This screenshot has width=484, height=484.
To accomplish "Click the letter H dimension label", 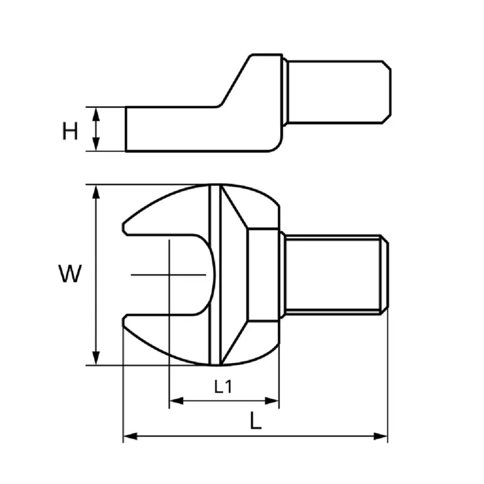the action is pos(70,131).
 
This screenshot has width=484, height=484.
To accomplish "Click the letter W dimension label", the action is pos(70,274).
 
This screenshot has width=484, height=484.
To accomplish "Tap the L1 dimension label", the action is pos(223,387).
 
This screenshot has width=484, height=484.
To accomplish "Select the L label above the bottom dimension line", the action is pos(256,421).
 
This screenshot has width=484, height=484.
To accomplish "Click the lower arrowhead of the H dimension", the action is pos(96,144).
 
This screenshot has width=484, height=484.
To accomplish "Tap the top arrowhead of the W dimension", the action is pos(96,192).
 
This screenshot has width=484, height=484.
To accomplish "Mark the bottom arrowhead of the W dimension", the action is pos(96,358).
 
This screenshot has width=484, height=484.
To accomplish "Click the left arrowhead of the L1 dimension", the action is pos(177,401).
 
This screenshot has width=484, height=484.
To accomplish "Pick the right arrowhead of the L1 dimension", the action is pos(272,401).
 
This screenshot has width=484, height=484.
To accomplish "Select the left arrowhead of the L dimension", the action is pos(130,436).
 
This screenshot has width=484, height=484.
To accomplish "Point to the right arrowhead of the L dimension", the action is pos(380,436).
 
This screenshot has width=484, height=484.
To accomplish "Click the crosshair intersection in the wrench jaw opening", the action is pos(169,275).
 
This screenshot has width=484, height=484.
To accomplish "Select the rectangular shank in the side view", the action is pos(337,92).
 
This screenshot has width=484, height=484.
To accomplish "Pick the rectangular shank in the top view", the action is pos(335,275).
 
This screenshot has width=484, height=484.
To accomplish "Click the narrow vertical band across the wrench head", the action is pos(215,275).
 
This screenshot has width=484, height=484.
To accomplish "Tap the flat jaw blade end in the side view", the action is pos(126,129).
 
